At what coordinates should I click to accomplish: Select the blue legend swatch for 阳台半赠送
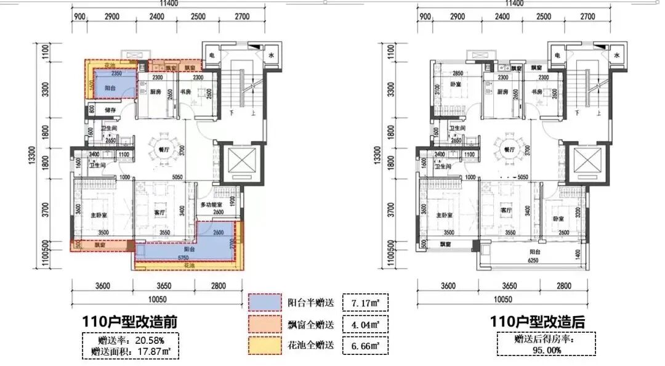click(x=265, y=303)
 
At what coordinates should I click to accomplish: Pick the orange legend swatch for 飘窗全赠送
click(x=265, y=323)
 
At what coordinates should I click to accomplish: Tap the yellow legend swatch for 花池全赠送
click(x=265, y=345)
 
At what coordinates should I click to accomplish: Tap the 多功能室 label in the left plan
click(x=214, y=205)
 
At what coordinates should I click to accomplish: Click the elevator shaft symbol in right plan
click(x=582, y=163)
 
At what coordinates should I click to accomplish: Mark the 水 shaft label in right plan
click(x=615, y=55)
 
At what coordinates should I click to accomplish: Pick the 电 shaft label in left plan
click(x=211, y=55)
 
